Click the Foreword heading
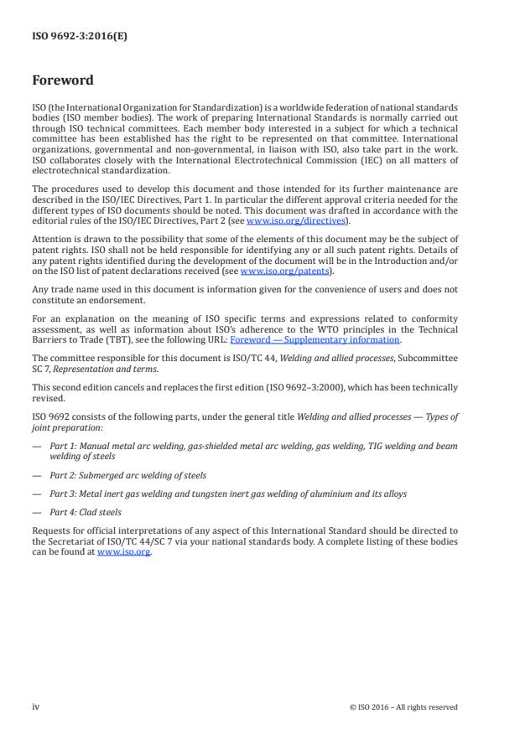pos(63,81)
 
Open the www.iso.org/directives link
pos(297,220)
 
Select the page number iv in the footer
pos(36,706)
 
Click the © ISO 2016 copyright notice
pos(403,706)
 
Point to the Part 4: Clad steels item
pos(86,511)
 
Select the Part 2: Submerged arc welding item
pos(127,475)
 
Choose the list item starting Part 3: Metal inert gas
pos(227,494)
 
